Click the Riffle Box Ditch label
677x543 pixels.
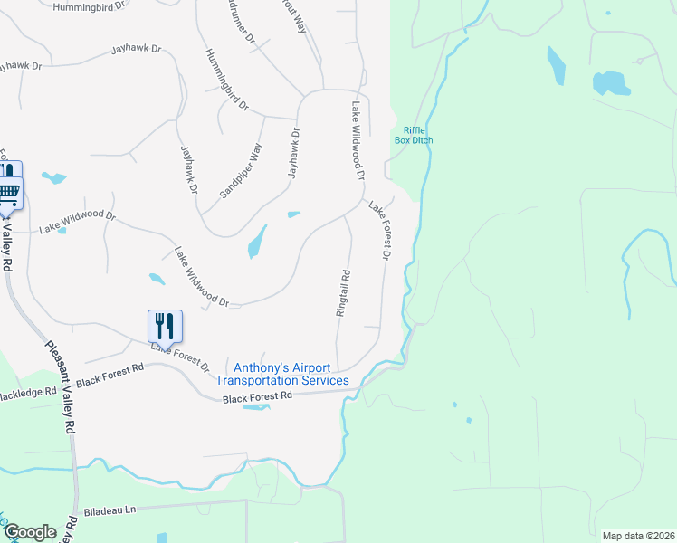[x=414, y=135]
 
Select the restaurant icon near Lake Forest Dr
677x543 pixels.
[x=165, y=326]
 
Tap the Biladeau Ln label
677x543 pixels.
[x=109, y=510]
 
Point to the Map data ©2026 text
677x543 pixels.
[x=638, y=535]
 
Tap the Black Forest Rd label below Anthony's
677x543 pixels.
[x=258, y=396]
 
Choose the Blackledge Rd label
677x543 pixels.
[x=29, y=394]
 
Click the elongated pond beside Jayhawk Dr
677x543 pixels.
[x=257, y=242]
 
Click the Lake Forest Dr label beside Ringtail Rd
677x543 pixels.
[x=378, y=231]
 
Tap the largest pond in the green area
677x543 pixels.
[x=611, y=83]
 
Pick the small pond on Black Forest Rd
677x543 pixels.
[x=256, y=407]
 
